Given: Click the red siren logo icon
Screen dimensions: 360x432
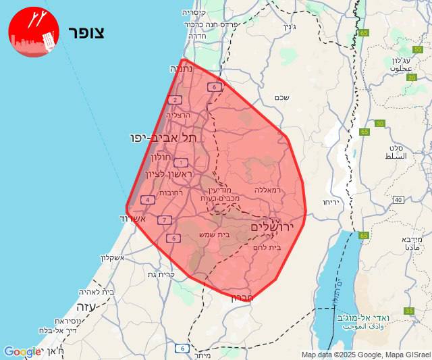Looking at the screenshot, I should pyautogui.click(x=34, y=32).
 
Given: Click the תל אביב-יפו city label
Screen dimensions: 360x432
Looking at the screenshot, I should pyautogui.click(x=165, y=138).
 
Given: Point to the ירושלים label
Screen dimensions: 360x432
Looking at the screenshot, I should pyautogui.click(x=273, y=228).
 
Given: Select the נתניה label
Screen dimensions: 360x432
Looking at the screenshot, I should pyautogui.click(x=182, y=68).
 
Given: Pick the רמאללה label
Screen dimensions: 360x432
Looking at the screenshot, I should pyautogui.click(x=267, y=190).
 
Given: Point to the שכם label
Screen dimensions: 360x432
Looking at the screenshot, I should pyautogui.click(x=283, y=97).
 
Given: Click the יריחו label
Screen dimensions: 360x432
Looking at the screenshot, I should pyautogui.click(x=329, y=202).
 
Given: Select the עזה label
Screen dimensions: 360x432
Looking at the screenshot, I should pyautogui.click(x=87, y=307).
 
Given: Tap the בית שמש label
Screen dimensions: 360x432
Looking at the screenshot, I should pyautogui.click(x=214, y=234).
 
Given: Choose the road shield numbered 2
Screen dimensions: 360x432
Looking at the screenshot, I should pyautogui.click(x=175, y=100).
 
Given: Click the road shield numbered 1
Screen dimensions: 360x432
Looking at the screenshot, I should pyautogui.click(x=181, y=162).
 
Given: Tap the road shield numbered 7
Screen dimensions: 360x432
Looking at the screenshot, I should pyautogui.click(x=164, y=220).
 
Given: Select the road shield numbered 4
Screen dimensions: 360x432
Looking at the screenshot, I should pyautogui.click(x=148, y=200).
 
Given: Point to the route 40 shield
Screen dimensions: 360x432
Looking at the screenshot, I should pyautogui.click(x=398, y=200).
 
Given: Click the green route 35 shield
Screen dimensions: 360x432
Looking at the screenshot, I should pyautogui.click(x=410, y=311).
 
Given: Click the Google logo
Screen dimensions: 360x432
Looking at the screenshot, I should pyautogui.click(x=22, y=352).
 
